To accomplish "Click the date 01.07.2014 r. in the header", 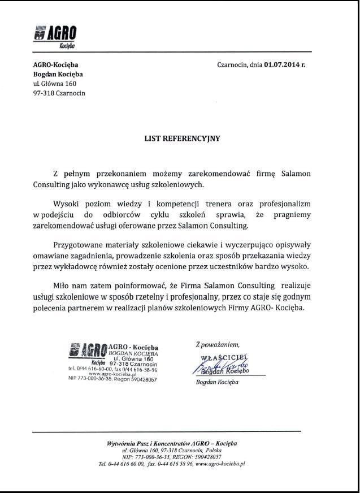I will tap(284, 64).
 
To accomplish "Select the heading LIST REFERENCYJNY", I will tap(181, 137).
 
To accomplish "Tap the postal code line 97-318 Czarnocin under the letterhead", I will tap(59, 93).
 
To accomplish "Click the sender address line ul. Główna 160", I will tap(55, 84).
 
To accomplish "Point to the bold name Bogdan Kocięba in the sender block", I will tap(58, 74).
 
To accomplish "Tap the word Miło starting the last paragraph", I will tap(62, 286).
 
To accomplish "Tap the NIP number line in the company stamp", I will tap(112, 379).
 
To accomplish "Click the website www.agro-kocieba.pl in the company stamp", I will tap(112, 374).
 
